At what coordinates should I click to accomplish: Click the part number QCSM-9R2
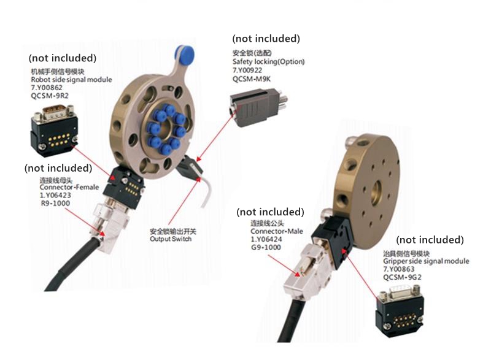(50, 96)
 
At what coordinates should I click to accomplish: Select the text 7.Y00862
(47, 88)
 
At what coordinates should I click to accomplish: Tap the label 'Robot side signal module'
(71, 80)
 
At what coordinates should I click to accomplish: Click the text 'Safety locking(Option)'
(268, 61)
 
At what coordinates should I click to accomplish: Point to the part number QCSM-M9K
(252, 79)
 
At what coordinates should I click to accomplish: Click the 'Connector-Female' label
(69, 187)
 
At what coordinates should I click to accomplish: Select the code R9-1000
(55, 203)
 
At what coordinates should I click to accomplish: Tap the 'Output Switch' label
(171, 239)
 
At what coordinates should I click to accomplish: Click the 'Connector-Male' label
(277, 231)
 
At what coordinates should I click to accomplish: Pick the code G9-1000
(266, 247)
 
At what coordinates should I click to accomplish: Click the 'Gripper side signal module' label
(426, 261)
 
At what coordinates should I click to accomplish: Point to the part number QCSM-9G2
(402, 277)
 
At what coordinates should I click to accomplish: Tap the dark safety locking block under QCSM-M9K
(258, 107)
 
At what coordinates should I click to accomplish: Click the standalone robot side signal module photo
(54, 131)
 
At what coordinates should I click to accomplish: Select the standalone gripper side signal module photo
(400, 310)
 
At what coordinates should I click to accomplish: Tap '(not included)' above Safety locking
(266, 39)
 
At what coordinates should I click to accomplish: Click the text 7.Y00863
(399, 269)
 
